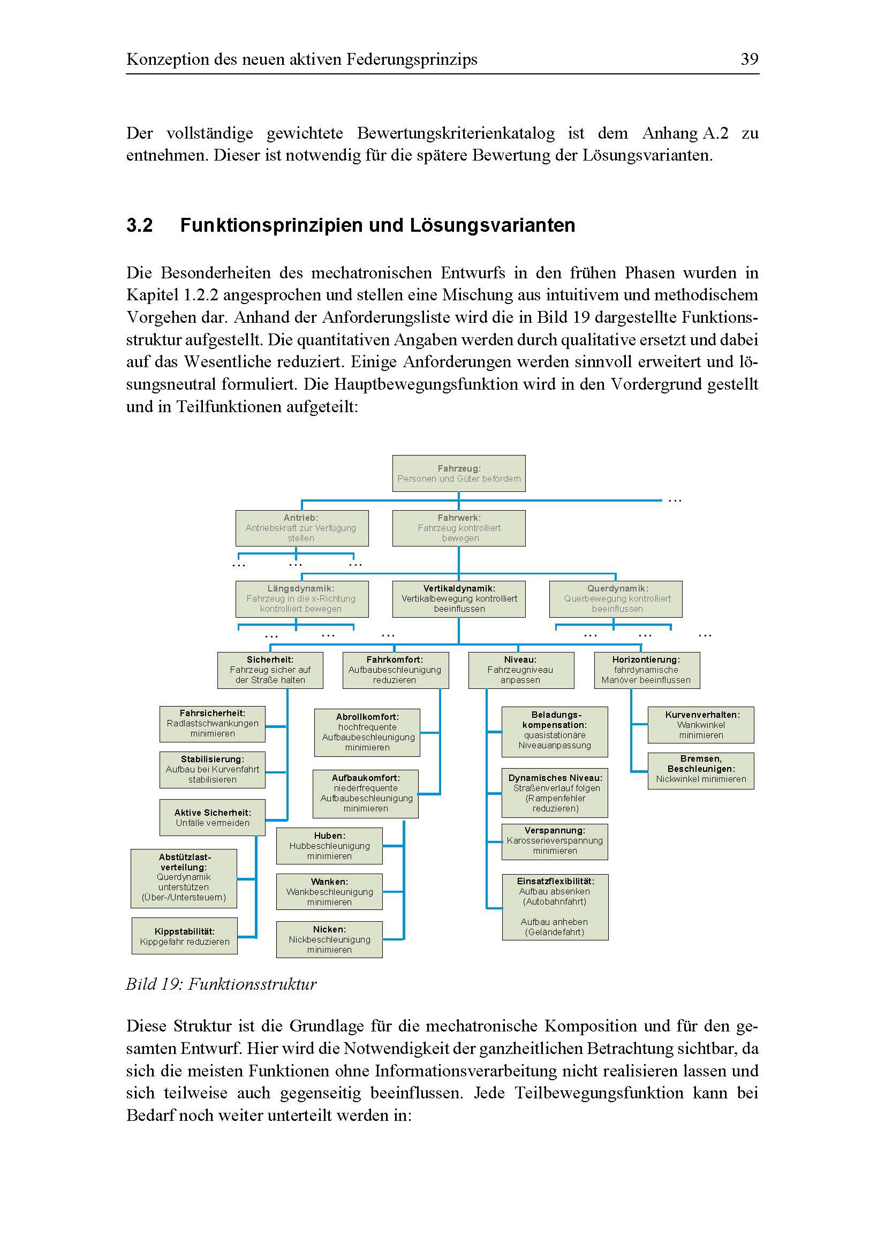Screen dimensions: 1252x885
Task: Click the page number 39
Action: tap(748, 59)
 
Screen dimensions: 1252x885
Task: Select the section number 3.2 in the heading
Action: tap(140, 225)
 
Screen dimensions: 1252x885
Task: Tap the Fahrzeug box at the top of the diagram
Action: tap(459, 473)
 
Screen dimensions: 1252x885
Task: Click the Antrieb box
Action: tap(301, 528)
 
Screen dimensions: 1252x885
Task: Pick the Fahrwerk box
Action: tap(459, 528)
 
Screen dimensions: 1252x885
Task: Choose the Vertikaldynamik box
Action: tap(459, 599)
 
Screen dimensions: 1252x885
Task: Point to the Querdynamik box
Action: tap(616, 599)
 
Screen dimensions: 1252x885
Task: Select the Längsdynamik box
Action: tap(301, 599)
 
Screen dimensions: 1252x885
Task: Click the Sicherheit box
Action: tap(270, 670)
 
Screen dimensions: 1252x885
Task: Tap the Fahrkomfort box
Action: tap(395, 670)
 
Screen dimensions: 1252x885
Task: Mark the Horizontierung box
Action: tap(647, 670)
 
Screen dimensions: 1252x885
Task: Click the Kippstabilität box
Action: tap(184, 936)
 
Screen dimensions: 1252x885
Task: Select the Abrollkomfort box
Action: tap(367, 732)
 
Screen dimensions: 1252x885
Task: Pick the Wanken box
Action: tap(329, 892)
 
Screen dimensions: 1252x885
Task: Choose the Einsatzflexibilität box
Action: tap(555, 906)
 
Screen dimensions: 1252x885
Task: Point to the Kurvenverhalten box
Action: tap(701, 725)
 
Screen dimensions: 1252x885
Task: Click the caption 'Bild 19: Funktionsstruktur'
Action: tap(221, 984)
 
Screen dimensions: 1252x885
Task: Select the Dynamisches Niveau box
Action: tap(555, 793)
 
